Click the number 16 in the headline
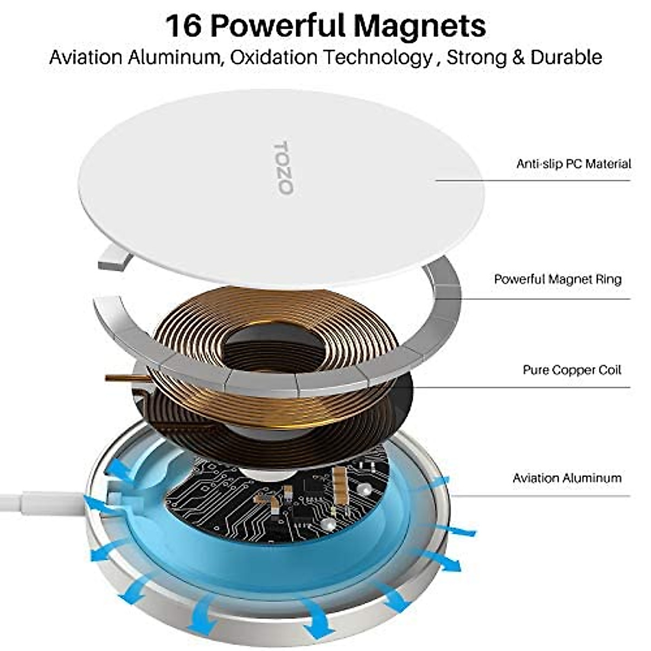(183, 25)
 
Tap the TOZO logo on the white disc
(283, 168)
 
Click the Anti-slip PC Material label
(573, 163)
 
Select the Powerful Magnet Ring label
(557, 279)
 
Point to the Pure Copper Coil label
(571, 370)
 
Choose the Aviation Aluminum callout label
(567, 478)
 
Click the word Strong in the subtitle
(476, 58)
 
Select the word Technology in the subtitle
(378, 58)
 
